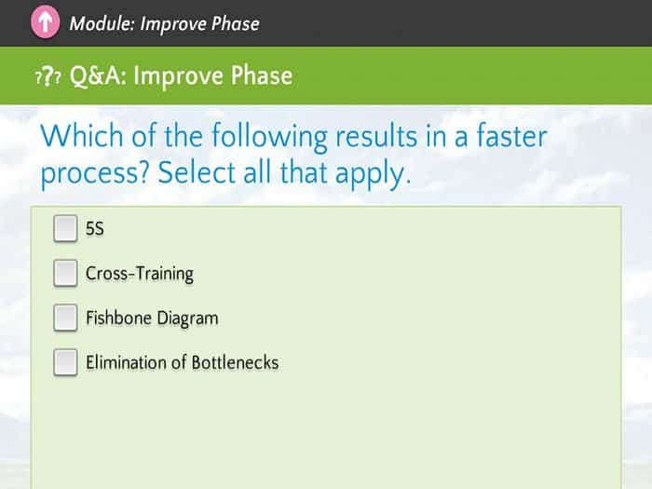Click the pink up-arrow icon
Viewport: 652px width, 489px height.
click(46, 23)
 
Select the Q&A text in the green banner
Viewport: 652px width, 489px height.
click(98, 75)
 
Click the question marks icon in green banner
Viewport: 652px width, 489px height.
click(48, 76)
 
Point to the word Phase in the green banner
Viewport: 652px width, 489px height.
click(262, 75)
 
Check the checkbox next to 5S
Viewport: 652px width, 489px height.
click(65, 228)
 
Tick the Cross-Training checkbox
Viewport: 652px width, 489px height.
click(65, 273)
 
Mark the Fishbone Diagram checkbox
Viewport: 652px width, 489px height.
click(65, 318)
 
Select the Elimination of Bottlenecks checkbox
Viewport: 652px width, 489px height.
click(65, 362)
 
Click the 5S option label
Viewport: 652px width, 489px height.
click(95, 229)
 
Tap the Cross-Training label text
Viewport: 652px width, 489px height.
click(140, 274)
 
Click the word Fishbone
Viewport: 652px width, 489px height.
click(118, 318)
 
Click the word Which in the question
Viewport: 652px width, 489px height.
click(82, 136)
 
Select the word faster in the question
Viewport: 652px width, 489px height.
click(511, 136)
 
